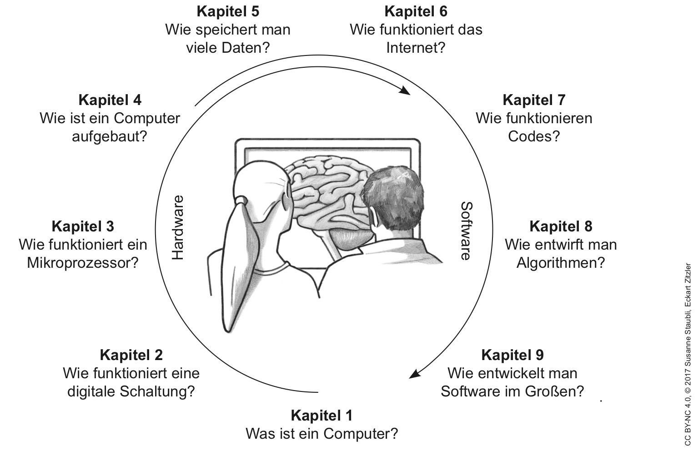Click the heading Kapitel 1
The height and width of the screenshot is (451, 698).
pos(321,415)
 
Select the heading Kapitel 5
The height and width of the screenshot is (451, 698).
pos(228,11)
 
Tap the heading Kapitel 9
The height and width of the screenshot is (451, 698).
pos(512,355)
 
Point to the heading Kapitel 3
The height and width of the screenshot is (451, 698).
pos(83,226)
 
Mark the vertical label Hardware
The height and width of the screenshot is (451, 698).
pos(178,227)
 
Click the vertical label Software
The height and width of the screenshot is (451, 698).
pos(466,231)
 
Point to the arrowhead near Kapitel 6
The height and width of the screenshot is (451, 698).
pos(404,90)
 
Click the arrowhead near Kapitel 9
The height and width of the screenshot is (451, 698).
pos(414,374)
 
